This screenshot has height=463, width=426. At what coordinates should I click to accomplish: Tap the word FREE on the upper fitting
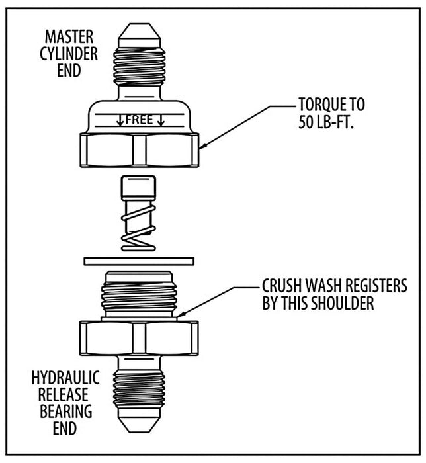pos(139,120)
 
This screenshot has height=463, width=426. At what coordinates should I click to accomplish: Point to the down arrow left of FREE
pos(120,120)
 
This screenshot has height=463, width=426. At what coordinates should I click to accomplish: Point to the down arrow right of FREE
pos(161,120)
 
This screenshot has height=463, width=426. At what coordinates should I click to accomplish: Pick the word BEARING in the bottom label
pos(66,412)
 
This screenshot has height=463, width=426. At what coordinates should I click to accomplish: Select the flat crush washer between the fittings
pos(138,261)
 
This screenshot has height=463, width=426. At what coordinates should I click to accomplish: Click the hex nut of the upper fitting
pos(139,149)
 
